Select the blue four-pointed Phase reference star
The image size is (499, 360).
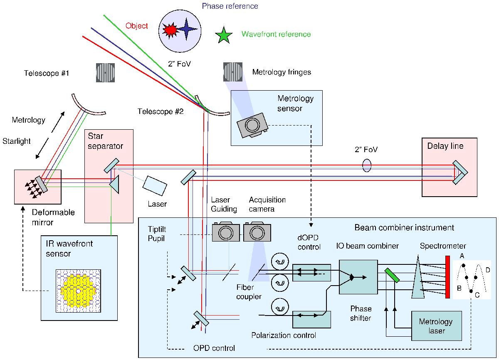(x=188, y=28)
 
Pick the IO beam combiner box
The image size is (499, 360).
(x=358, y=277)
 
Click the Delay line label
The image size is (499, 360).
(x=445, y=146)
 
